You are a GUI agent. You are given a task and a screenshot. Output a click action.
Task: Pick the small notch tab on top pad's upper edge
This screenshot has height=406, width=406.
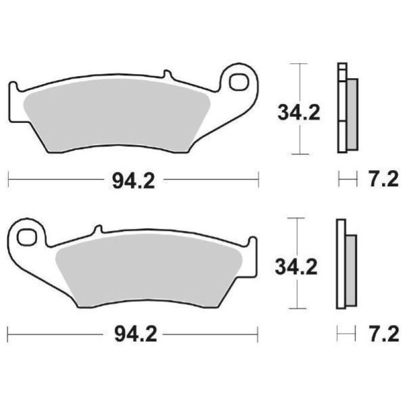click(166, 75)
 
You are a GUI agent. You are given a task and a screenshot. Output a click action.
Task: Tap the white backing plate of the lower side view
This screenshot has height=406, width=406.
click(341, 264)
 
